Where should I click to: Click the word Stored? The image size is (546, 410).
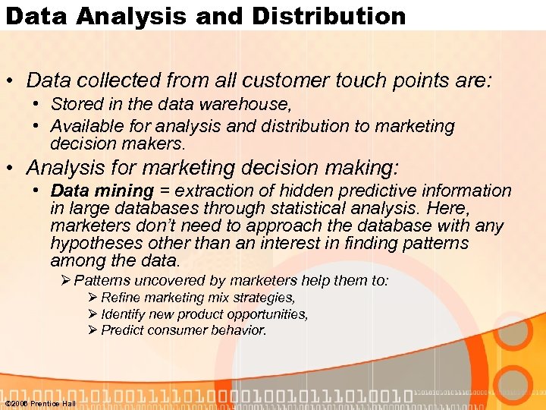(75, 103)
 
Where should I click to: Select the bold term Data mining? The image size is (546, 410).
(102, 191)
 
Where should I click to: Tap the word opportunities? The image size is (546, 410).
(267, 314)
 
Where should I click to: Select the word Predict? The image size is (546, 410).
(124, 330)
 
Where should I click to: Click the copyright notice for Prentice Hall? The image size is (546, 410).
(40, 403)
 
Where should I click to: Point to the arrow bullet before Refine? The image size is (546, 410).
(93, 298)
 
